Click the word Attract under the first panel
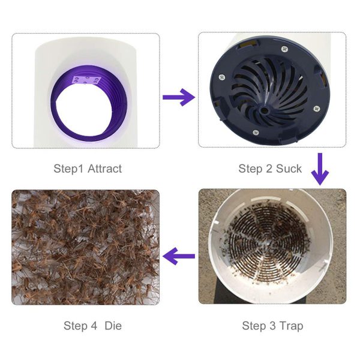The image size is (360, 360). pyautogui.click(x=104, y=169)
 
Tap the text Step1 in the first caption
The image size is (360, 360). pyautogui.click(x=68, y=169)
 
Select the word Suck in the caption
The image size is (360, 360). pyautogui.click(x=288, y=169)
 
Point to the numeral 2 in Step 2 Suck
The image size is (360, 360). pyautogui.click(x=268, y=169)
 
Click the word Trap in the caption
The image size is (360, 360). pyautogui.click(x=290, y=326)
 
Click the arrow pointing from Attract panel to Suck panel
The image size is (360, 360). pyautogui.click(x=178, y=98)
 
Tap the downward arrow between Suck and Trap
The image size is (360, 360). pyautogui.click(x=320, y=170)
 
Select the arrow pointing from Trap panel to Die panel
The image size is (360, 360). pyautogui.click(x=179, y=257)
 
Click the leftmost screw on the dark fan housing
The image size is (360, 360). pyautogui.click(x=223, y=76)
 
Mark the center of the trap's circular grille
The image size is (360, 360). pyautogui.click(x=267, y=241)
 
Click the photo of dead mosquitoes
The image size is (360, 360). pyautogui.click(x=86, y=247)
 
